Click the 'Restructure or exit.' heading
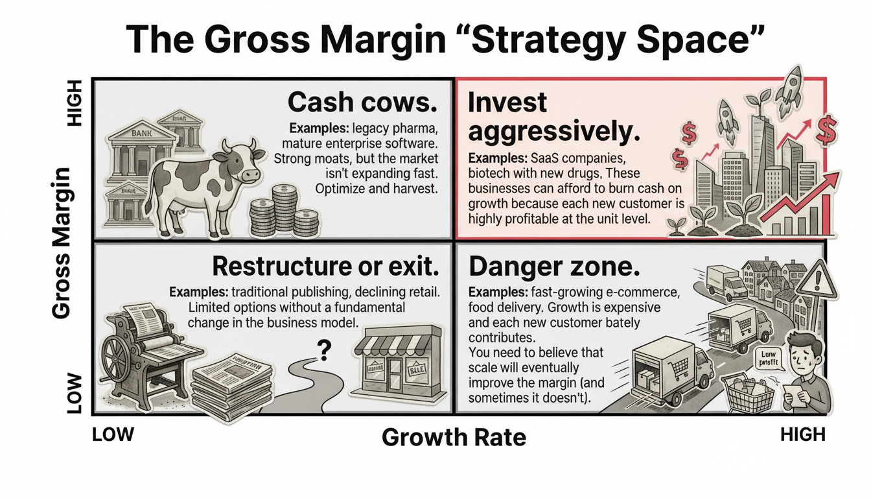pyautogui.click(x=326, y=267)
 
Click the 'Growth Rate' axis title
pyautogui.click(x=454, y=438)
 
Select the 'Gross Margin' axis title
pyautogui.click(x=61, y=243)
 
